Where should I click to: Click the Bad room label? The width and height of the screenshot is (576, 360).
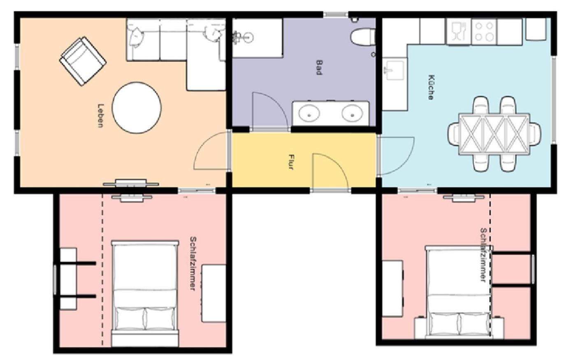coord(319,67)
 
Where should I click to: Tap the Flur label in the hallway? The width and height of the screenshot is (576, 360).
coord(291,162)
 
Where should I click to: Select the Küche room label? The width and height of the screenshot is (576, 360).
coord(431,87)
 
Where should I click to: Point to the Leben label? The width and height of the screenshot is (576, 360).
coord(100,116)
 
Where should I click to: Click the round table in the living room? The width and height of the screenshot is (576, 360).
coord(137,108)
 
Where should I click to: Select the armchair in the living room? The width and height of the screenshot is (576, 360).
coord(83,61)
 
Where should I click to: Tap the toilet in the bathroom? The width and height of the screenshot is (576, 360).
coord(363,37)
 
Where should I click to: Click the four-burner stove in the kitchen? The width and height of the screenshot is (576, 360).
coord(484,32)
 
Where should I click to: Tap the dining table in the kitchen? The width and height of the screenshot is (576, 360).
coord(495,134)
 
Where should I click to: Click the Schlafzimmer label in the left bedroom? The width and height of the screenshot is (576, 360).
coord(193,264)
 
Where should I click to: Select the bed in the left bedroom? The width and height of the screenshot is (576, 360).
coord(145,293)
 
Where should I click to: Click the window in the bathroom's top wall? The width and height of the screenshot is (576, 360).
coord(336,14)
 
